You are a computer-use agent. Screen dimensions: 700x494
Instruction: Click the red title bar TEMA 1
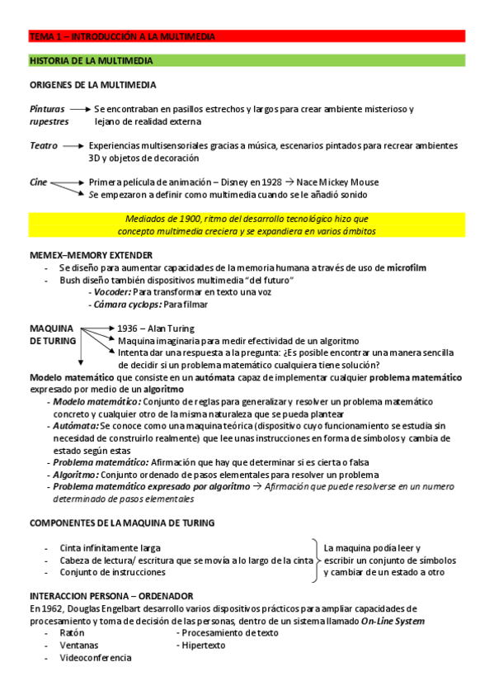(247, 36)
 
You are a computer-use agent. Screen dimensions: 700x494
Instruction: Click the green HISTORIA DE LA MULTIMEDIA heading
(247, 61)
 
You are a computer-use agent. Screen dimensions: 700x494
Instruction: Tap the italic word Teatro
(43, 145)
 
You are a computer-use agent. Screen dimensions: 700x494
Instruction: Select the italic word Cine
(39, 182)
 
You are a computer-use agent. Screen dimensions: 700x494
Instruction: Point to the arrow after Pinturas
(79, 109)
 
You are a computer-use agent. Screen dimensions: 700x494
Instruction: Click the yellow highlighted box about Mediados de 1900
(247, 225)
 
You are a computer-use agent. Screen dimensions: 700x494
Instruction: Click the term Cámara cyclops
(125, 304)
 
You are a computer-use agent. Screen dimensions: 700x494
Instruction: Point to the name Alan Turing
(176, 328)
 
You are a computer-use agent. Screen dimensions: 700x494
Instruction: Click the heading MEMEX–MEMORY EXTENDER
(95, 256)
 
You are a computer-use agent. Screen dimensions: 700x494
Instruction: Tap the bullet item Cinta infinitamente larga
(111, 547)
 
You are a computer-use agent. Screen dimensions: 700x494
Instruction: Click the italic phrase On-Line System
(393, 621)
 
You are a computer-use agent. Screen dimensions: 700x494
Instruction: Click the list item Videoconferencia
(95, 657)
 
